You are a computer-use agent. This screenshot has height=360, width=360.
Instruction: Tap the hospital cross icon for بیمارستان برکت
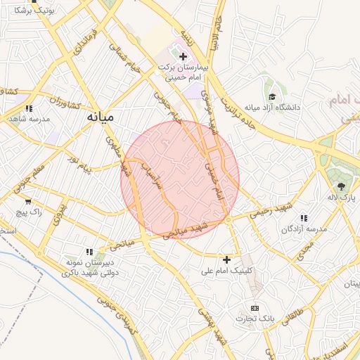184,56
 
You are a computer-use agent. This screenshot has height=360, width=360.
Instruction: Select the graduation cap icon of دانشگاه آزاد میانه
271,97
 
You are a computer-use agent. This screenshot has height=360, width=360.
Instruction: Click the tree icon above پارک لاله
341,186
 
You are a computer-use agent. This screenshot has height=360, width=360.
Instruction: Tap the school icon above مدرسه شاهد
29,108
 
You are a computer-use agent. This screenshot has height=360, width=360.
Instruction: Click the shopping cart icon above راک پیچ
27,201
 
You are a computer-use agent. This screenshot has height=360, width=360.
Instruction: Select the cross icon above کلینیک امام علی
226,259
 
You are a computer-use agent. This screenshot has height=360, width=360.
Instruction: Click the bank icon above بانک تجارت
254,308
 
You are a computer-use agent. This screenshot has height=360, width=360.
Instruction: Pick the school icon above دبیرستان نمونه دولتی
89,251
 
